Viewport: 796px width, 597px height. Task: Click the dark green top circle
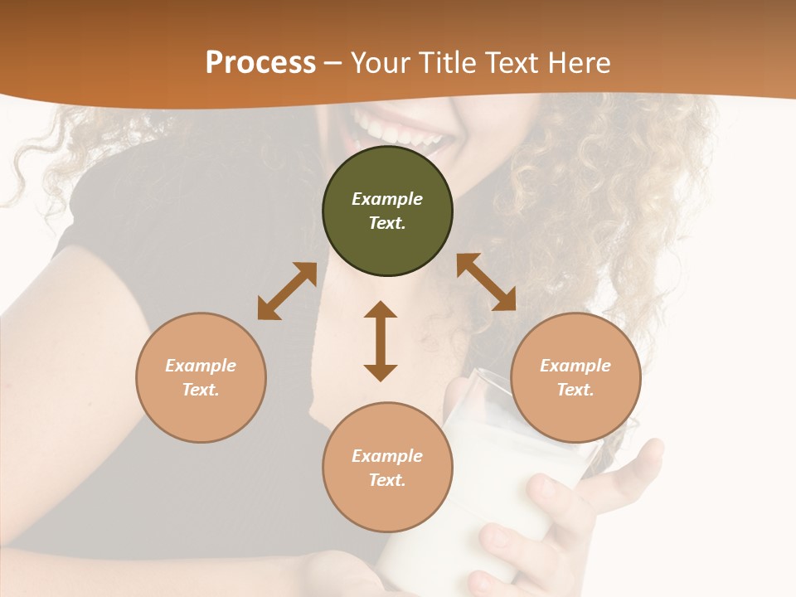387,211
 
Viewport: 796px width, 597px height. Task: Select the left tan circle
201,377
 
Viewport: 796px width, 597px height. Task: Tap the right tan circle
575,377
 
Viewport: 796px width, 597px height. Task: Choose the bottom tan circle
387,468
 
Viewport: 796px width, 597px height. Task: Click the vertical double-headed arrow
381,341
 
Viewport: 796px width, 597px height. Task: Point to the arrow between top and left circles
287,291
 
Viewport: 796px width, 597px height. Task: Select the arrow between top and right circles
486,282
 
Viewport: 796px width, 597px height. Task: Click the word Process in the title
260,62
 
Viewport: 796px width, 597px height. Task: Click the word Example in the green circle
387,199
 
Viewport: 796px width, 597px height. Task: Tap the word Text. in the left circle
201,390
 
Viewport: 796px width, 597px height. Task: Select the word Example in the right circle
575,366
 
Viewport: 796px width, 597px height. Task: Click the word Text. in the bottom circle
387,480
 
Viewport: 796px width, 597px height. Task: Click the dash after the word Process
333,62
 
